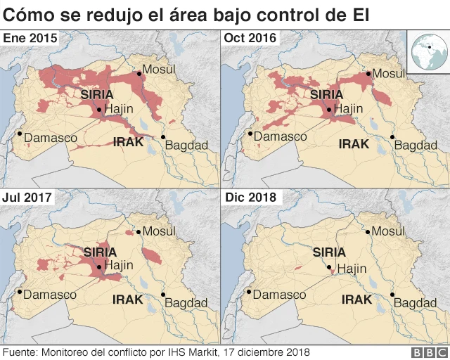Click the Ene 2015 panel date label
tap(31, 38)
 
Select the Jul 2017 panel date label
tap(28, 197)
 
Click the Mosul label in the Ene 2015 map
tap(159, 69)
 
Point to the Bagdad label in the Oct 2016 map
tap(409, 145)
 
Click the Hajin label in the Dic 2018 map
tap(352, 269)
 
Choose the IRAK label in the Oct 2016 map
tap(354, 143)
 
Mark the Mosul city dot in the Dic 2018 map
tap(366, 232)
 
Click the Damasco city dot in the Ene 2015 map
tap(20, 134)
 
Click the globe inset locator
tap(426, 53)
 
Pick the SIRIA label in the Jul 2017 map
tap(101, 251)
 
